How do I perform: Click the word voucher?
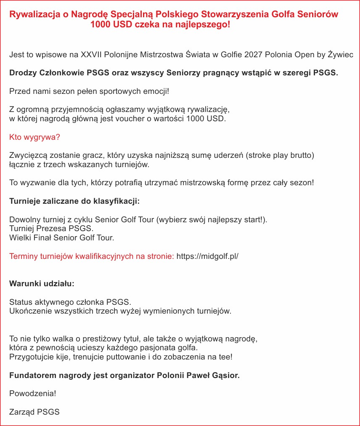pyautogui.click(x=133, y=119)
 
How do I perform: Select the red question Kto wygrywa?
pyautogui.click(x=34, y=137)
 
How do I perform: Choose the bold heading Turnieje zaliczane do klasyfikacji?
pyautogui.click(x=74, y=201)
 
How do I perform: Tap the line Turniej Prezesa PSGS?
pyautogui.click(x=51, y=229)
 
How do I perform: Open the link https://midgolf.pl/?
pyautogui.click(x=207, y=256)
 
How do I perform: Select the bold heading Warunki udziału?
pyautogui.click(x=42, y=284)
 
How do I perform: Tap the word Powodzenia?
pyautogui.click(x=32, y=394)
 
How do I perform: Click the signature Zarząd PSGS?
pyautogui.click(x=34, y=412)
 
